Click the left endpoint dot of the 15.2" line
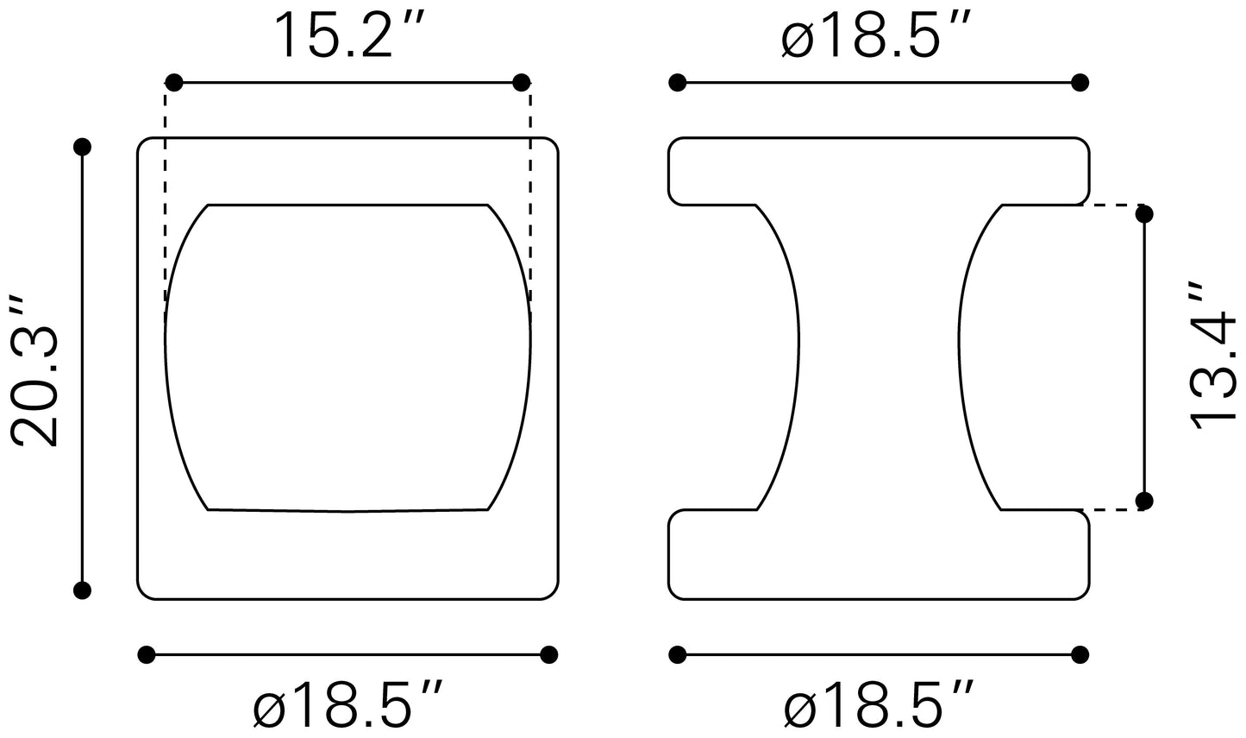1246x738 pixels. pos(174,83)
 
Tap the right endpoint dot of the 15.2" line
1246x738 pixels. pos(521,83)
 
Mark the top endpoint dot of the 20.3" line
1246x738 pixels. pos(83,147)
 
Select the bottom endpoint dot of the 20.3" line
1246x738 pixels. pos(83,590)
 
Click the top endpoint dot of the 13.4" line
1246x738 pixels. pos(1145,212)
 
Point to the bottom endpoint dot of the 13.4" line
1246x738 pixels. pos(1145,501)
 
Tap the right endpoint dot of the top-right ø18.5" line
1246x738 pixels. pos(1080,83)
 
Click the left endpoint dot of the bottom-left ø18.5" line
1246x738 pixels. pos(147,655)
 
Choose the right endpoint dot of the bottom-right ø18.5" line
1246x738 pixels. pos(1080,655)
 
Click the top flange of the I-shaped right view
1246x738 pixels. pos(880,171)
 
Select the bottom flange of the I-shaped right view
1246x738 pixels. pos(880,554)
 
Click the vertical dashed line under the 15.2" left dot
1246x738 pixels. pos(166,199)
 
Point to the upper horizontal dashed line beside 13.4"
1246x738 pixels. pos(1112,205)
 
